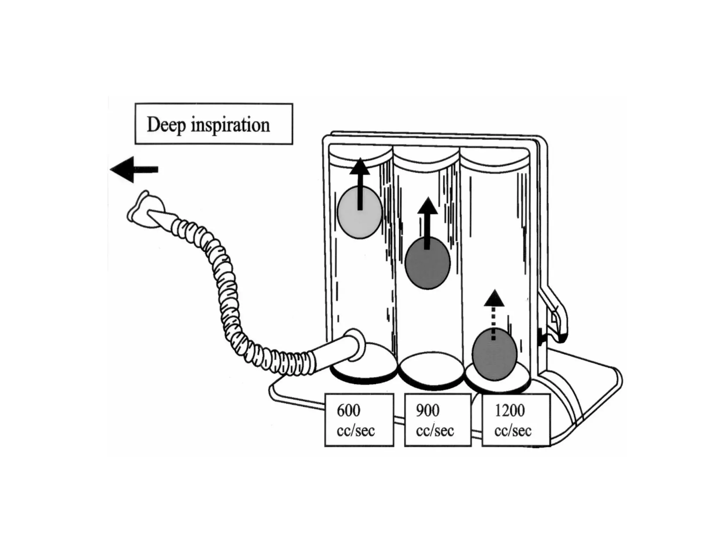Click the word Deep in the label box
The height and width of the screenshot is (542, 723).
tap(166, 125)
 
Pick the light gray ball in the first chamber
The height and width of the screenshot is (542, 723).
tap(359, 212)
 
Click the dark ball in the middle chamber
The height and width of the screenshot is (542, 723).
tap(427, 263)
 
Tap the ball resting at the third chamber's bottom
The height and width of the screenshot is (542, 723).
tap(494, 354)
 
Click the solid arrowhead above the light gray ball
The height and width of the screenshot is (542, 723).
tap(360, 167)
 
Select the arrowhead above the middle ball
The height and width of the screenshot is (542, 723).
tap(428, 206)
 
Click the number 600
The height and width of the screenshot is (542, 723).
tap(348, 410)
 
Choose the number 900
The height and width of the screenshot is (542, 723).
tap(428, 410)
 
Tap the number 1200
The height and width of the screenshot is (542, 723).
tap(509, 410)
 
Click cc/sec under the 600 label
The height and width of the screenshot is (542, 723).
tap(355, 431)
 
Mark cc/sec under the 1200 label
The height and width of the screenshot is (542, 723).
tap(513, 431)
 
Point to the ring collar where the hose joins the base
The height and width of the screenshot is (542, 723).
tap(354, 345)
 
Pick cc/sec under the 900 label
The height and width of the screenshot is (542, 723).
tap(435, 431)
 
